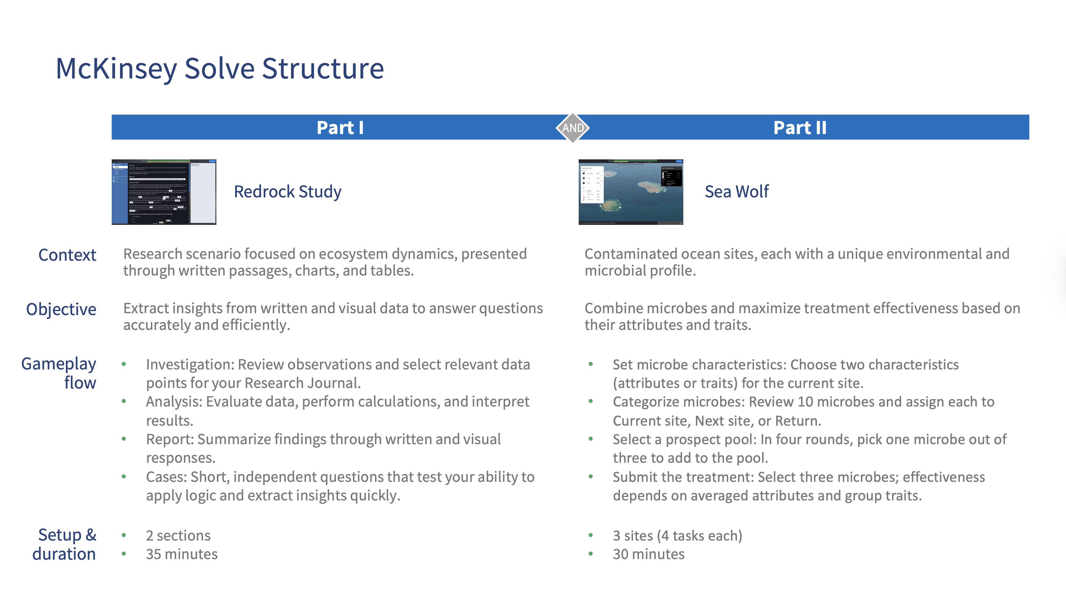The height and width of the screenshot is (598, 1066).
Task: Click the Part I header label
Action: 340,128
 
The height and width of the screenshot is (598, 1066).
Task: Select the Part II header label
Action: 799,128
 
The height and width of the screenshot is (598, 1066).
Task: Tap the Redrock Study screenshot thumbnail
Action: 164,192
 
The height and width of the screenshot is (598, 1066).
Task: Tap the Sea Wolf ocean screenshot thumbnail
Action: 630,192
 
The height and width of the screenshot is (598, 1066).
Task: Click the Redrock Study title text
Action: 288,192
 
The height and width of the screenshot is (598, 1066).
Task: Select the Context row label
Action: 67,255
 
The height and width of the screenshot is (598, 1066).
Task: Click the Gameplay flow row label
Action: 59,373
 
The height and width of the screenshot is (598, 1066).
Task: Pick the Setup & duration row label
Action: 65,544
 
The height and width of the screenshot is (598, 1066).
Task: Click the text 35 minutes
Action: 182,554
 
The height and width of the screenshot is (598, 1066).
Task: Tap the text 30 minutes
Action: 648,554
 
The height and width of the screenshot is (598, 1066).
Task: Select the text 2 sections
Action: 178,536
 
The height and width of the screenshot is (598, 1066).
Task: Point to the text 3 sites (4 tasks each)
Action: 677,536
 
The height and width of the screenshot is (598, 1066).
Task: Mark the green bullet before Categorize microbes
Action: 590,401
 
